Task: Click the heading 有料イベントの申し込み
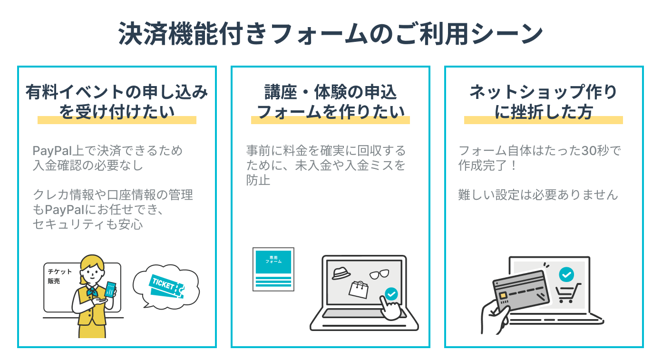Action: pos(117,91)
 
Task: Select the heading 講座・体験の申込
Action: pos(330,91)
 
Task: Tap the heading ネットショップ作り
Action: pos(543,91)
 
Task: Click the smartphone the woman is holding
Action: pos(110,289)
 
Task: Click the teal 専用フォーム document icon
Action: pos(273,269)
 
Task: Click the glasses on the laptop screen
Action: pos(379,274)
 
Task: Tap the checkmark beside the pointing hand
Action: pos(391,294)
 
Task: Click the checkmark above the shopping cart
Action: pos(566,274)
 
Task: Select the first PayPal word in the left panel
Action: pos(51,151)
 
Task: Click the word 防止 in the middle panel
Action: pos(258,180)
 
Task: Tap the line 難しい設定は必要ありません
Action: pos(538,195)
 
